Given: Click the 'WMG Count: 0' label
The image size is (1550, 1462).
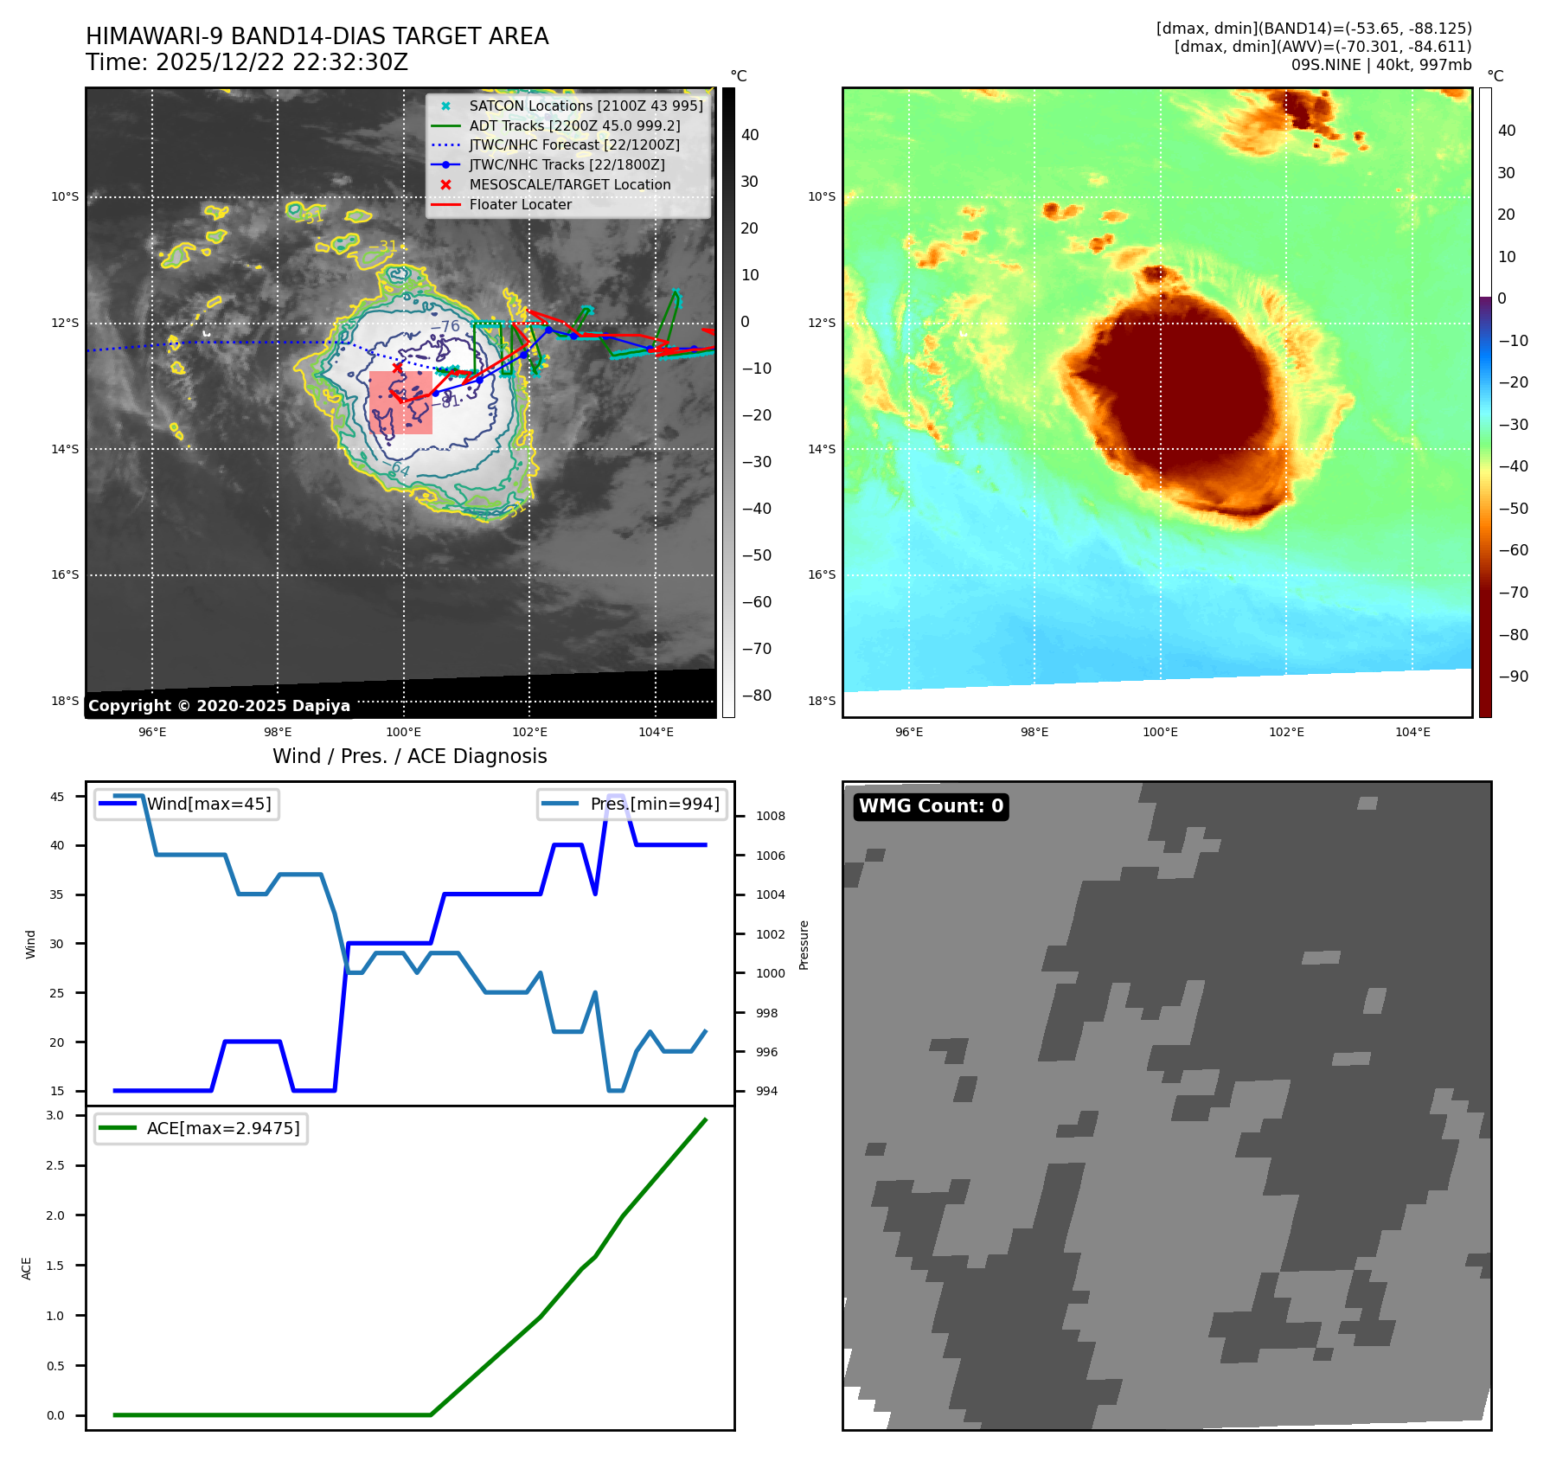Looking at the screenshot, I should point(931,806).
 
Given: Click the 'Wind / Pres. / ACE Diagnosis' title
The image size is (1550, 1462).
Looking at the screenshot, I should point(409,756).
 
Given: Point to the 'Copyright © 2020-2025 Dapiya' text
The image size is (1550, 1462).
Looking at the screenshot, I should point(219,706).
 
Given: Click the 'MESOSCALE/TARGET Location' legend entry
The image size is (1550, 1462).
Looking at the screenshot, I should point(569,184).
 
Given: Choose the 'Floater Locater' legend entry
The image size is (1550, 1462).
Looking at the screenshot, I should point(520,204).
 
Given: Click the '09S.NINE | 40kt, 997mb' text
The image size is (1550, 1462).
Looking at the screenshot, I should point(1380,65).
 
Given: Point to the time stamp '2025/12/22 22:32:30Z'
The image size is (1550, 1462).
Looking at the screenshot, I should point(281,62).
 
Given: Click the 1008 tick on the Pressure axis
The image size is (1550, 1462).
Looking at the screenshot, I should point(770,816).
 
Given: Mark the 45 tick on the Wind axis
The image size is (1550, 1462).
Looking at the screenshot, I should point(57,797).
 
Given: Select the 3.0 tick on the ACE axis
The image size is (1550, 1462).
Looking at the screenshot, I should point(55,1115).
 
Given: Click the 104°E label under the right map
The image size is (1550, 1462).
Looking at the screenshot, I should point(1412,732).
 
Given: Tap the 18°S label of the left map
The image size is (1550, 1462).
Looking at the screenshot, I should point(65,701).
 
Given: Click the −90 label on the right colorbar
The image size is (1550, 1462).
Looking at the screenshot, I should point(1513,676).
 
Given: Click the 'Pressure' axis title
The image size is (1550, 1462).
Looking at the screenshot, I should point(804,945).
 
